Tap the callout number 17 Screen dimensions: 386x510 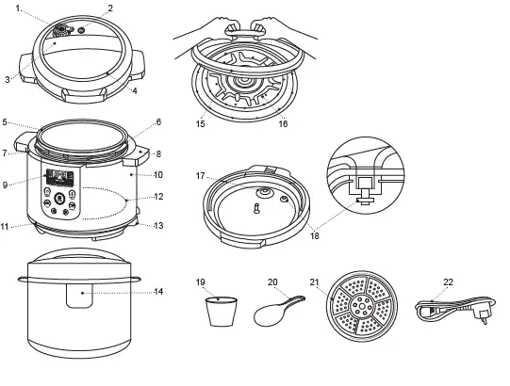pos(200,175)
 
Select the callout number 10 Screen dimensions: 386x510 pos(158,175)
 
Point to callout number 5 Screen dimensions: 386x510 pos(6,122)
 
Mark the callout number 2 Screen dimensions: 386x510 pos(110,8)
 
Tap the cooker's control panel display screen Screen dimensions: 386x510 pos(60,176)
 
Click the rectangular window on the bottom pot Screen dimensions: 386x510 pos(83,295)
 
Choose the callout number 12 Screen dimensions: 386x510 pos(158,197)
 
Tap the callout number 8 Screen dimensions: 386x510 pos(158,153)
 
